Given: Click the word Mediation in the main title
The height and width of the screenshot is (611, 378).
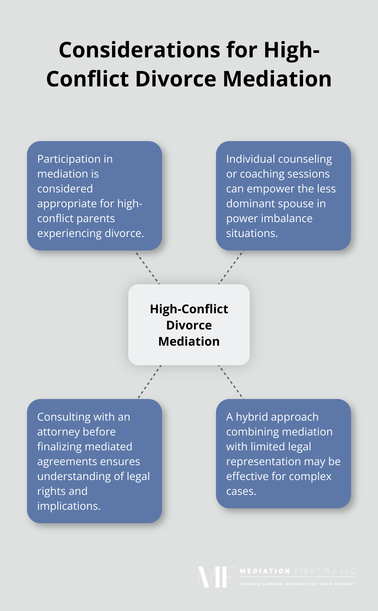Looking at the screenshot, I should pos(277,79).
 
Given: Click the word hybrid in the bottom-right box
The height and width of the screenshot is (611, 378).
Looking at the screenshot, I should pos(254,417).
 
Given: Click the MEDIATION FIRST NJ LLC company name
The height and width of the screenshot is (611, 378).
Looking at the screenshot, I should pos(298,571).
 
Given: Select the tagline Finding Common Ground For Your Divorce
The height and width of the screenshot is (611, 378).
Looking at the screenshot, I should pos(298,584).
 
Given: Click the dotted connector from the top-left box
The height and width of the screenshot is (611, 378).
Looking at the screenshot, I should pos(147,267).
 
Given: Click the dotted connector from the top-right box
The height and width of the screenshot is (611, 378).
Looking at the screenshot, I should pos(231,267).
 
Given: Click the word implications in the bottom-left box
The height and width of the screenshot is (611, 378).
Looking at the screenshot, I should pos(69,506).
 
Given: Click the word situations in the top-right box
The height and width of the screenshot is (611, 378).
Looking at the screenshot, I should pos(251,233).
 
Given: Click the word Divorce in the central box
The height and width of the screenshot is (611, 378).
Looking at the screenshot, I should pos(189,325).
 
